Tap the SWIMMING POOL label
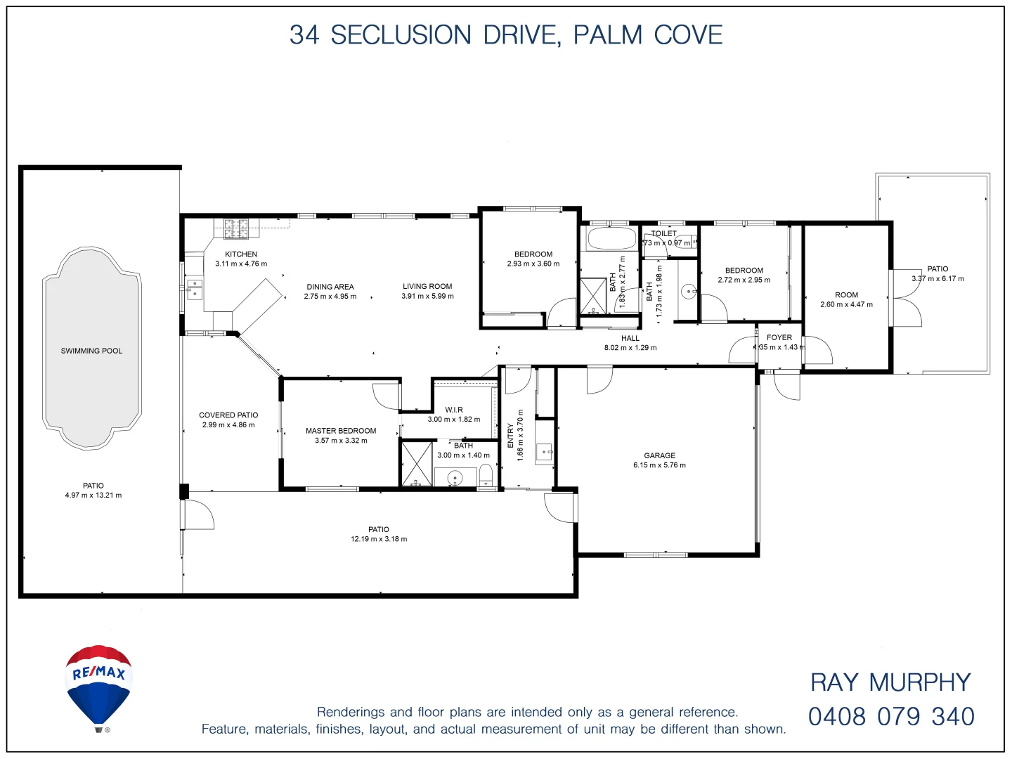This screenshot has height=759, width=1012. tap(91, 351)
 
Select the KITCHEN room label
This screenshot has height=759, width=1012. tap(241, 254)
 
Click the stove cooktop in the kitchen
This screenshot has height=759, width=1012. tap(236, 226)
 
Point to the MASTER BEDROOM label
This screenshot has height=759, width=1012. tap(341, 431)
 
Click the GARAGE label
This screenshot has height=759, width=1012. tap(659, 455)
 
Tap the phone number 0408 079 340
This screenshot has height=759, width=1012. tap(891, 717)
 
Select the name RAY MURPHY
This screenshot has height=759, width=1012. tap(890, 682)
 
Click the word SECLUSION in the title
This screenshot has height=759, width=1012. tap(401, 35)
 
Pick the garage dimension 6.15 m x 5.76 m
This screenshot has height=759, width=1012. tap(659, 465)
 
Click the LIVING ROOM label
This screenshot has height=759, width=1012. tap(427, 286)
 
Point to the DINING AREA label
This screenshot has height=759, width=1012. tap(330, 287)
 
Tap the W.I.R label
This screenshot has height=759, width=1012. tap(454, 410)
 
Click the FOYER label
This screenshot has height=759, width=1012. tap(779, 337)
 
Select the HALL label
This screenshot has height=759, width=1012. tap(630, 338)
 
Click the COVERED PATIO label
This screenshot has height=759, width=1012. tap(228, 415)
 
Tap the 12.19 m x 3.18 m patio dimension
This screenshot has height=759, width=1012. tap(379, 539)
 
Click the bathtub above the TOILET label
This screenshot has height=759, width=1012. tap(611, 238)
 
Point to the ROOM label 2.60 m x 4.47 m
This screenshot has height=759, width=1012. tap(846, 295)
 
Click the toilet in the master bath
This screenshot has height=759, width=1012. tap(486, 475)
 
